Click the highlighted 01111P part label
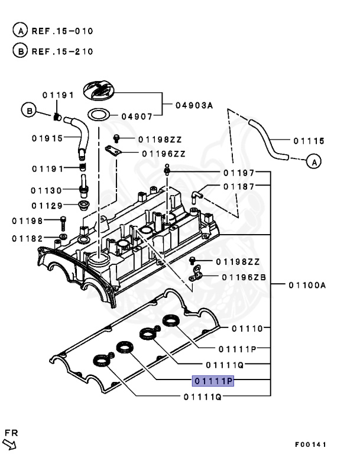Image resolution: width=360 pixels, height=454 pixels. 213,381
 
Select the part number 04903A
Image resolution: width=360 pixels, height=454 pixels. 193,106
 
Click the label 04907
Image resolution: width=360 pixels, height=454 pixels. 137,116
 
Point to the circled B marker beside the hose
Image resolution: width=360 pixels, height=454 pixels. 28,109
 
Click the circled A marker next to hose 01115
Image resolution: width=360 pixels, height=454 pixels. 314,160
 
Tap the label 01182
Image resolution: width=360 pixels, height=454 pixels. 27,238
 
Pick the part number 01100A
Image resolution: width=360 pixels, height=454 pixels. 307,285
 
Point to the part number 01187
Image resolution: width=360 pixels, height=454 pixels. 239,186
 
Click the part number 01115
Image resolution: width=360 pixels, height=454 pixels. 308,141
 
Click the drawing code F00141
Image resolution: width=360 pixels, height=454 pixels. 310,444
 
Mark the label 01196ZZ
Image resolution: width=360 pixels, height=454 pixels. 163,153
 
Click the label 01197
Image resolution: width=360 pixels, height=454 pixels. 239,173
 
